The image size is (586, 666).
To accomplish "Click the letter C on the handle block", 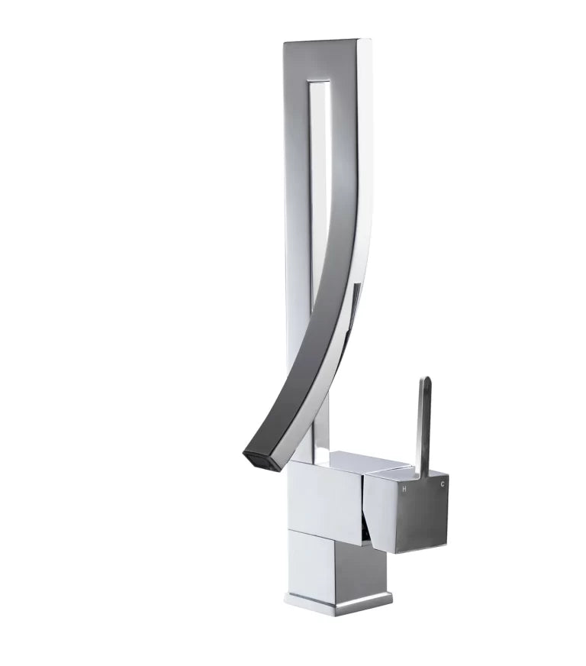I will click(443, 483).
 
